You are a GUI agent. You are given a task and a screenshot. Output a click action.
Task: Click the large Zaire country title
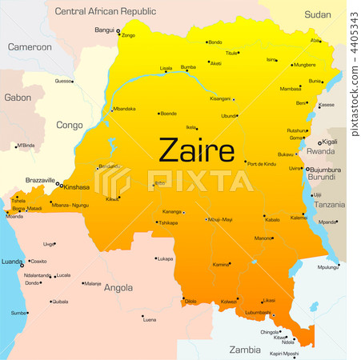pyautogui.click(x=196, y=150)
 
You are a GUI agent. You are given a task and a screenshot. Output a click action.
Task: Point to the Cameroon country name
pyautogui.click(x=30, y=47)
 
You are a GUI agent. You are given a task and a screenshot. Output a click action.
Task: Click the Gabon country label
pyautogui.click(x=17, y=97)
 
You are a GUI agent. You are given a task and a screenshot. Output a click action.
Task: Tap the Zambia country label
pyautogui.click(x=244, y=350)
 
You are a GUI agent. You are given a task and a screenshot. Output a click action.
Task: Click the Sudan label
pyautogui.click(x=318, y=14)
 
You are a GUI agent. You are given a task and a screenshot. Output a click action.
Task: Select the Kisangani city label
pyautogui.click(x=220, y=98)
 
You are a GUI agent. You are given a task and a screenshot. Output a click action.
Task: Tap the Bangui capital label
pyautogui.click(x=104, y=30)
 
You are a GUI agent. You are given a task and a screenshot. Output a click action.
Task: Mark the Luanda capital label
pyautogui.click(x=12, y=261)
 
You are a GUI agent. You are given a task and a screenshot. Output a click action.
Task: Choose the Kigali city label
pyautogui.click(x=330, y=142)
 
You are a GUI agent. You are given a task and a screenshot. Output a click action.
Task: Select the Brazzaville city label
pyautogui.click(x=39, y=180)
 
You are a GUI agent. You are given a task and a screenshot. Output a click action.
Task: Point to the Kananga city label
pyautogui.click(x=171, y=212)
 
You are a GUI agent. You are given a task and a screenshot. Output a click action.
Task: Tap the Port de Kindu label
pyautogui.click(x=261, y=163)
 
